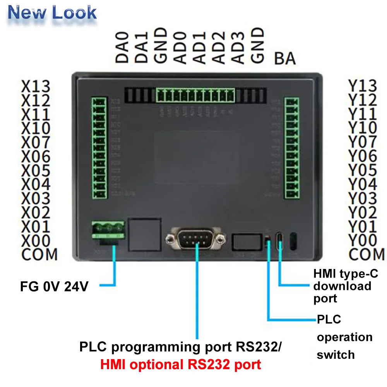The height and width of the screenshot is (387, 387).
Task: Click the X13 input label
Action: (x=36, y=86)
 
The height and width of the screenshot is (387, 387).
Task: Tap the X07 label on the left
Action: (x=36, y=142)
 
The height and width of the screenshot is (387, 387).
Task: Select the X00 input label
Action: (x=36, y=241)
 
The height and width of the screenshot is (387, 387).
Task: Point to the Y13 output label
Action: (x=363, y=86)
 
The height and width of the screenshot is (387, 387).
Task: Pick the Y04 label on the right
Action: (x=363, y=184)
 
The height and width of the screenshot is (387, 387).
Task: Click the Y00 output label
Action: (x=363, y=241)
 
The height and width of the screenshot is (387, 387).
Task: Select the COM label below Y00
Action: (x=366, y=255)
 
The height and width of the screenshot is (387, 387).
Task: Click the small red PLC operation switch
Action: (x=267, y=242)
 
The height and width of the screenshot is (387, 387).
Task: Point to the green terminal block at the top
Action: (x=196, y=95)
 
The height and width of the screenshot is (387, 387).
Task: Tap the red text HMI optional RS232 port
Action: (x=181, y=364)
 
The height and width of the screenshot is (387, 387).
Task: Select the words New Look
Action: (x=52, y=13)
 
